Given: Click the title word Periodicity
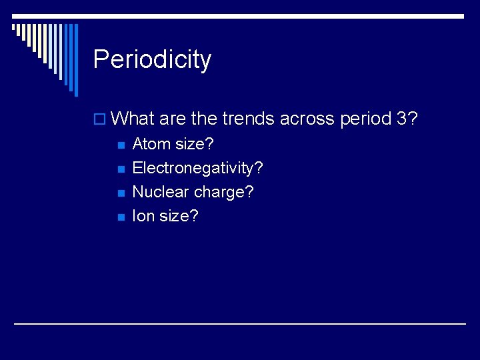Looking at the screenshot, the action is (x=152, y=60).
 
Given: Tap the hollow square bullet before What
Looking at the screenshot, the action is (x=99, y=119).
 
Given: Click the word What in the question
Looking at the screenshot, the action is (x=132, y=118).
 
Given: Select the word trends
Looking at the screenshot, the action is (x=248, y=118).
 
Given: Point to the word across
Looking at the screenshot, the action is (x=307, y=119).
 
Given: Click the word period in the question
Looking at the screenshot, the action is (x=366, y=119).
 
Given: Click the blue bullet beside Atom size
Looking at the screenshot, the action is (x=121, y=145).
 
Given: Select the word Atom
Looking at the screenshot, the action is (x=151, y=143).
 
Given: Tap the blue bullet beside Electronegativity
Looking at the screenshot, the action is (x=121, y=169).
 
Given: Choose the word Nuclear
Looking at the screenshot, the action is (x=161, y=191).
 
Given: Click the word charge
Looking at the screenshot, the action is (x=219, y=193).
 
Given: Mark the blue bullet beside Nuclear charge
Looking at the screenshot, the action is (x=121, y=193).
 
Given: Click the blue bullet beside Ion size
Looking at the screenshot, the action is (x=121, y=217).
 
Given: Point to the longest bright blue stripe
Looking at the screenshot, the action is (x=76, y=60).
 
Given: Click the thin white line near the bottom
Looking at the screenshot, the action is (x=240, y=323).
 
